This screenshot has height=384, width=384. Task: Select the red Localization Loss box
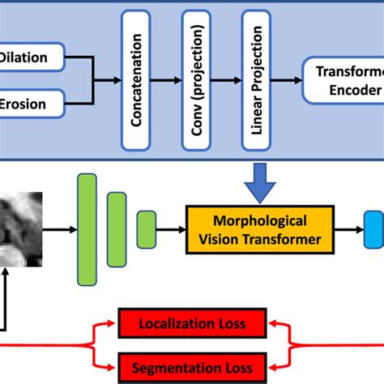(192, 325)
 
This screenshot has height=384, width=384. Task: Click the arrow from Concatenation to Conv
(173, 81)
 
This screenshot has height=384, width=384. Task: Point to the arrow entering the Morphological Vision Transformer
(172, 229)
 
